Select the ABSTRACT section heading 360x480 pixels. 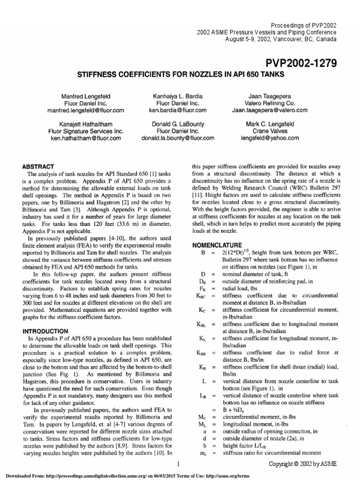click(x=39, y=166)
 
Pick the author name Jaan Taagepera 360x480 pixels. click(x=270, y=95)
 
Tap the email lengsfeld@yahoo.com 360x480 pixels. click(x=270, y=138)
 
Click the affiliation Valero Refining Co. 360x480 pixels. click(x=270, y=103)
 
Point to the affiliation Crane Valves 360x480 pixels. click(x=270, y=131)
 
